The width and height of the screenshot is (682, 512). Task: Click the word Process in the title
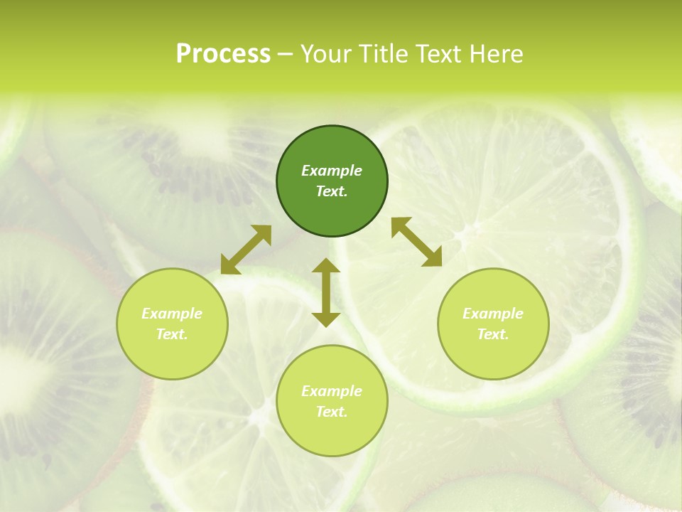pos(223,54)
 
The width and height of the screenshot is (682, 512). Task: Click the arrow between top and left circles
pos(246,250)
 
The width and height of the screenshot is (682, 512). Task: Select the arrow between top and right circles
pos(417,242)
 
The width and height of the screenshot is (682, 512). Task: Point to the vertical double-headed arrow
pos(326,292)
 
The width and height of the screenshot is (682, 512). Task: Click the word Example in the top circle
pos(332,171)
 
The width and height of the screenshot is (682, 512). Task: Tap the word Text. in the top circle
pos(332,191)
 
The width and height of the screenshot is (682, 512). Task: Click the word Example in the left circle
pos(172,314)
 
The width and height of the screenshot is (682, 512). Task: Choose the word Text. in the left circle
pos(172,334)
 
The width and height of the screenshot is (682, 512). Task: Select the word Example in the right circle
pos(493,314)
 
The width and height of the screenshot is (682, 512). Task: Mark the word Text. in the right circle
pos(493,334)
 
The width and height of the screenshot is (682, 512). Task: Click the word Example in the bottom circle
pos(332,391)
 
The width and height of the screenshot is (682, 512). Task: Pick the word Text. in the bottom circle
pos(332,412)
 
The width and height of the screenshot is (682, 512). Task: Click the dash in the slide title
pos(286,55)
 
